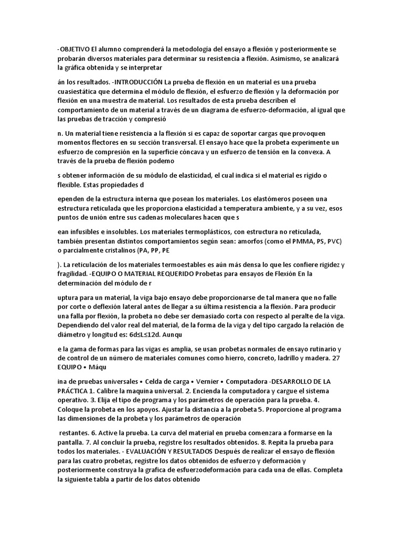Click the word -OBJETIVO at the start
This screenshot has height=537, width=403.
tap(75, 49)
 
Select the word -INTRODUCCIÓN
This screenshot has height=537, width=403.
tap(136, 82)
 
